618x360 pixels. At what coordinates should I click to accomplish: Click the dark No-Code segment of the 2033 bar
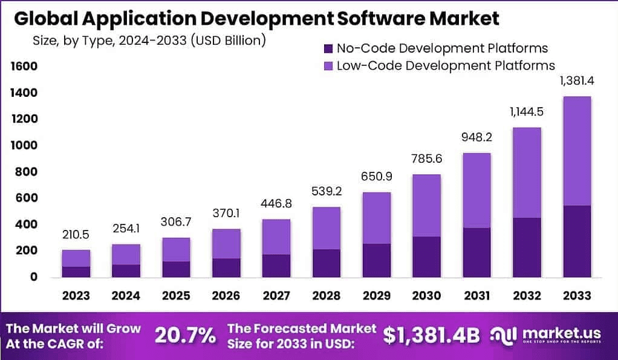(x=576, y=241)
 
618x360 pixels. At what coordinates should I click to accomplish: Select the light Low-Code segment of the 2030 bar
(x=426, y=205)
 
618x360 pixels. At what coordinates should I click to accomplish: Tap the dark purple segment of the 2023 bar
(x=76, y=272)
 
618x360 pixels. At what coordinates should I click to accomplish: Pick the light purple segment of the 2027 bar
(x=276, y=237)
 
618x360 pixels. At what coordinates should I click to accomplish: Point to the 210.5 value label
(x=76, y=235)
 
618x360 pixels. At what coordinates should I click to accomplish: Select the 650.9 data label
(x=376, y=178)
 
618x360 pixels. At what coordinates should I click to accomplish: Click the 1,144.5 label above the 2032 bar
(x=526, y=113)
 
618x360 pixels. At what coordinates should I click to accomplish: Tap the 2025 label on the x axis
(x=176, y=296)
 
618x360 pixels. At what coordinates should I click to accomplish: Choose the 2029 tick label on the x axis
(x=376, y=296)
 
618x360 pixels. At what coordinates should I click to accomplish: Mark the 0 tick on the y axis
(x=34, y=277)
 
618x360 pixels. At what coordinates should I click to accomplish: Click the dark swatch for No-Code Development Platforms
(x=328, y=48)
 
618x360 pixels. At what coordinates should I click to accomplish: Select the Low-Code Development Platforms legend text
(x=446, y=65)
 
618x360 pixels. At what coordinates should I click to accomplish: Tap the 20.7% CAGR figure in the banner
(x=185, y=335)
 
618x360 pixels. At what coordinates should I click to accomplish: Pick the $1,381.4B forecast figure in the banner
(x=431, y=335)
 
